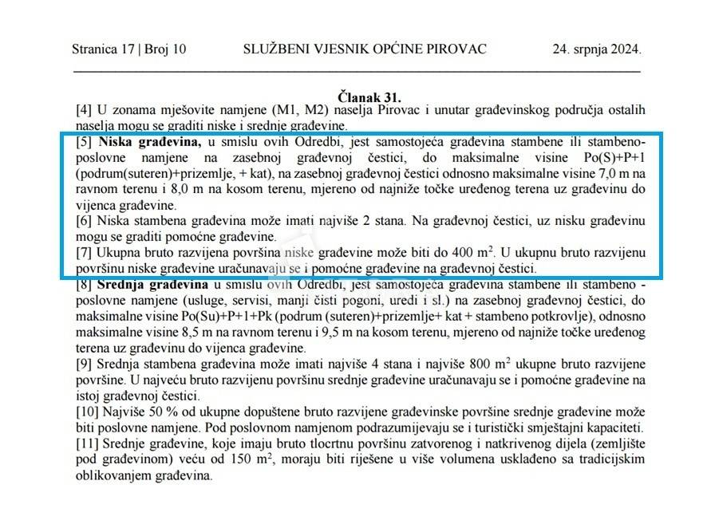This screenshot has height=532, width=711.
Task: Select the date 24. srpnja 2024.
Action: point(596,49)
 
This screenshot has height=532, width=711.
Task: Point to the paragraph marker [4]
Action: point(84,110)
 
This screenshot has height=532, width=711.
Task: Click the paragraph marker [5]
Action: point(84,143)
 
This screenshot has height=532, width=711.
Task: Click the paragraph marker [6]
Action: point(84,221)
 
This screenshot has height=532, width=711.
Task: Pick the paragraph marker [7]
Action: point(84,252)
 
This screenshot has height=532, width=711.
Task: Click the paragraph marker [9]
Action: point(84,364)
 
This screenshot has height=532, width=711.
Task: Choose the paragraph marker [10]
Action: point(87,412)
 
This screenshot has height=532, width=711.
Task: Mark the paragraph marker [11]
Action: point(87,443)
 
